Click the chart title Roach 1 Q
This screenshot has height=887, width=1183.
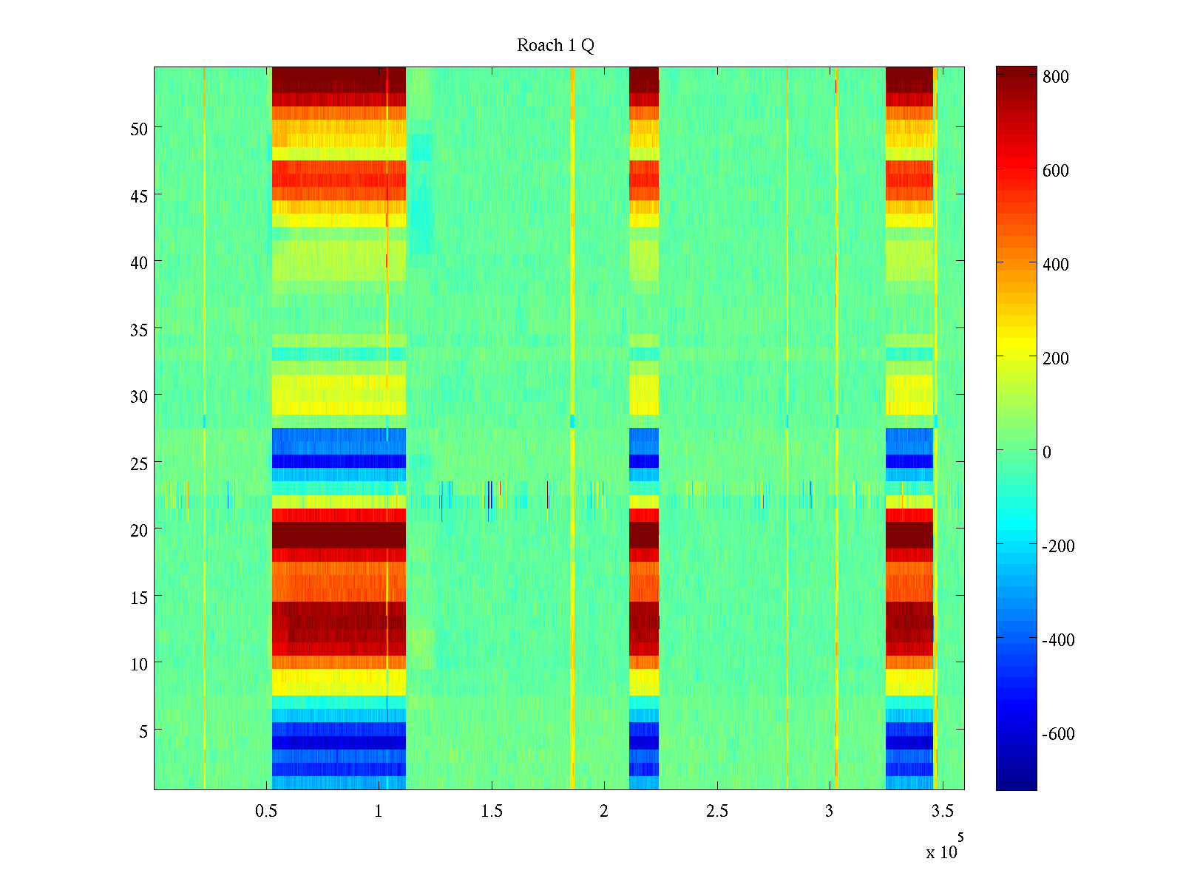(555, 46)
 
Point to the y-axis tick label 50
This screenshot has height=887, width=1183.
(139, 129)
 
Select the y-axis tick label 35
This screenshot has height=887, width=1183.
(139, 330)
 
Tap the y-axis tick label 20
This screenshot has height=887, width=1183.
(139, 530)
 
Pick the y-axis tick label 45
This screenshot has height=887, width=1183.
(139, 196)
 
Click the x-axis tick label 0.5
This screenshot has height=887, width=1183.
(266, 812)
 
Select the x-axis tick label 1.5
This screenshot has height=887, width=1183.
(492, 812)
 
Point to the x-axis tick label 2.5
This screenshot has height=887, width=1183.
(717, 812)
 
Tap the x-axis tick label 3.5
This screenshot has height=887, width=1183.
(942, 812)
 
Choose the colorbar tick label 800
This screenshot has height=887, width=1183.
(1056, 77)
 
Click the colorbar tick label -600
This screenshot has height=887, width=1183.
(1058, 734)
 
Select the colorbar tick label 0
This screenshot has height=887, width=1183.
(1046, 452)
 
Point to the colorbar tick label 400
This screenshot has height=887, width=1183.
(1056, 265)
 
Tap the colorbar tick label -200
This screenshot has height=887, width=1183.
(1058, 546)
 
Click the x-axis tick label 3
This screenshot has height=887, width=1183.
(829, 812)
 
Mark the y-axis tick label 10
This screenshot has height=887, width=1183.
(139, 664)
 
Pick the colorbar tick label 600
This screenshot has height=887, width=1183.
(1056, 171)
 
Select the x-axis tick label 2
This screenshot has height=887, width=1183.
(604, 812)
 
